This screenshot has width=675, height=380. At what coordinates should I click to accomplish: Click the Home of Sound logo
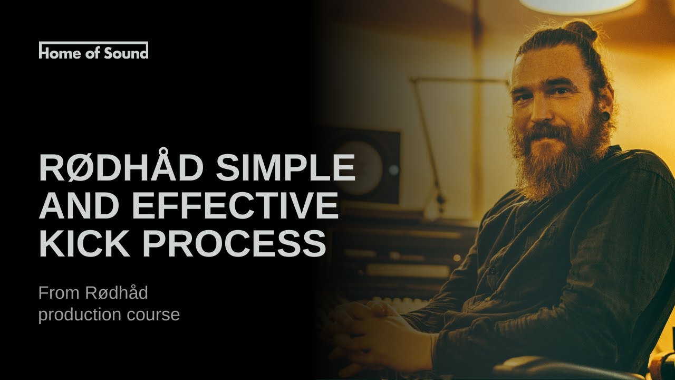tap(93, 51)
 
